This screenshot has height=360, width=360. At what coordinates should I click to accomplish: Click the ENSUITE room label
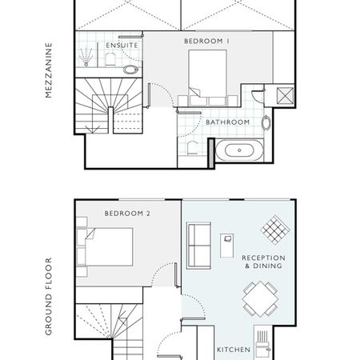[122, 46]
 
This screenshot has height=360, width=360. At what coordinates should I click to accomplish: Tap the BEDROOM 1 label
[207, 40]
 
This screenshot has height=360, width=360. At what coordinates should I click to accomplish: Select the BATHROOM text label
[228, 122]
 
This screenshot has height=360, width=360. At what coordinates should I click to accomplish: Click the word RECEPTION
[263, 258]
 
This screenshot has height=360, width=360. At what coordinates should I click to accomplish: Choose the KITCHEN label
[234, 350]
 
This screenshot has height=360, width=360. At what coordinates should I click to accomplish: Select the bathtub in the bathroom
[237, 150]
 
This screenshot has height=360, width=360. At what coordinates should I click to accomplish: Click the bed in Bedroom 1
[207, 76]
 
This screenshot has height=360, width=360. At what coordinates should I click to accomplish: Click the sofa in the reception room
[198, 245]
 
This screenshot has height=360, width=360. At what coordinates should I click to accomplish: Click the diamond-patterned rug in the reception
[275, 229]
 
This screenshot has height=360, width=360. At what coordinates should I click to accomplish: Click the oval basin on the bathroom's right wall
[266, 123]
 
